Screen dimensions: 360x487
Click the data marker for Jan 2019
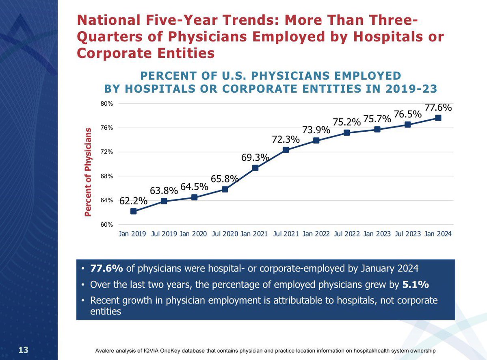click(x=133, y=211)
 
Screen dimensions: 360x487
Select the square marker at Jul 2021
click(x=286, y=150)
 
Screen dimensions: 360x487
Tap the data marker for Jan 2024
click(x=438, y=118)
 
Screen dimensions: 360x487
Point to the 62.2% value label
click(x=133, y=200)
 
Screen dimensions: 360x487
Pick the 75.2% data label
click(x=347, y=122)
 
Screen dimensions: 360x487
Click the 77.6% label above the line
click(x=438, y=108)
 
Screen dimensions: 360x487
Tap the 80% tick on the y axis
click(x=106, y=104)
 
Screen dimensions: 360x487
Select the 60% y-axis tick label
click(x=106, y=225)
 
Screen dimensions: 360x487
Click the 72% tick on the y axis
click(x=106, y=152)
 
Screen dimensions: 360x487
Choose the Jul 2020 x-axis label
click(x=225, y=234)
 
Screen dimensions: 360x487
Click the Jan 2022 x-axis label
click(x=316, y=234)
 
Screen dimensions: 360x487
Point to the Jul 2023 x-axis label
click(x=407, y=234)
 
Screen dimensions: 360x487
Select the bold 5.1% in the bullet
click(x=416, y=285)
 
